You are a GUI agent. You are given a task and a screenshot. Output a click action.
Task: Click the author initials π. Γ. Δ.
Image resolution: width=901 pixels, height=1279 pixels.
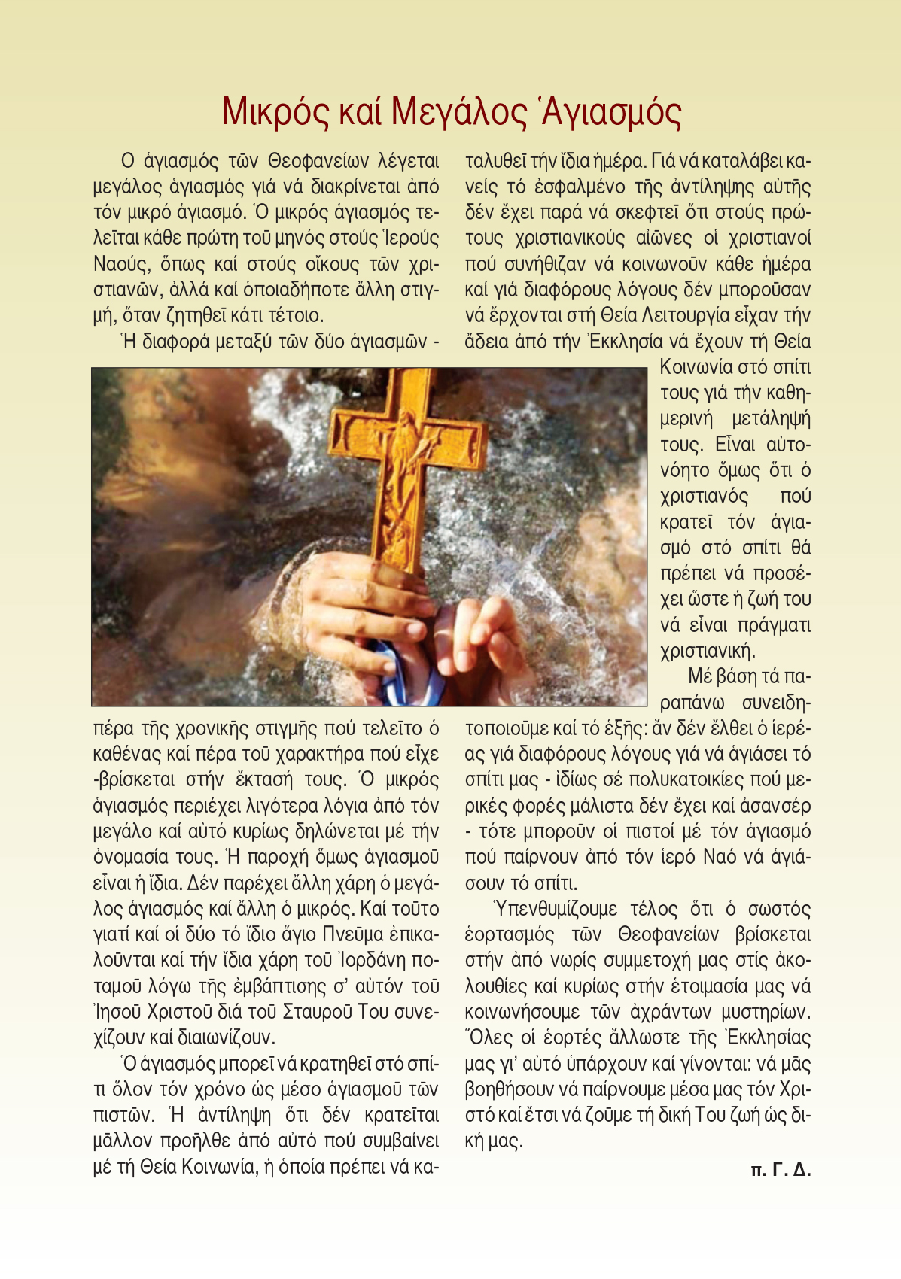pos(781,1170)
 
